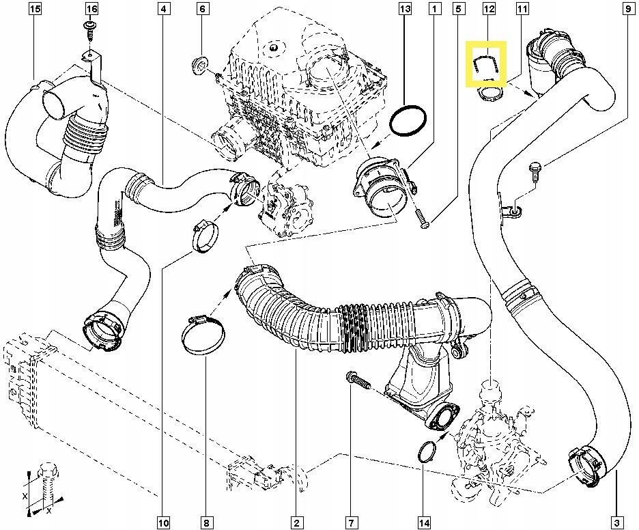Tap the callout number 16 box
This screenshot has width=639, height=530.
click(91, 9)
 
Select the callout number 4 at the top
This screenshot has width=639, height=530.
click(162, 9)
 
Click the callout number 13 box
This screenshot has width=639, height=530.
click(405, 9)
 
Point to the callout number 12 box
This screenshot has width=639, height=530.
click(489, 9)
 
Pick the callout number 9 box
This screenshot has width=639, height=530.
click(627, 9)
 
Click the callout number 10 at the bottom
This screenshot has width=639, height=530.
click(163, 522)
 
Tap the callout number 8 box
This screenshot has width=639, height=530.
click(205, 522)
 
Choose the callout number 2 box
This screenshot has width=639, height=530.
click(296, 522)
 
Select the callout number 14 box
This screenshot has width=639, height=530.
click(424, 522)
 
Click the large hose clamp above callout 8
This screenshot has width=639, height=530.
click(203, 335)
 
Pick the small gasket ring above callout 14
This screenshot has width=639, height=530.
click(426, 452)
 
